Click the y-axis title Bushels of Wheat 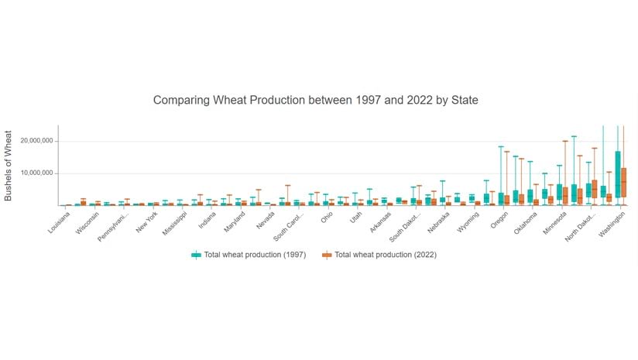pyautogui.click(x=9, y=165)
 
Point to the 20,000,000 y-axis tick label pyautogui.click(x=31, y=141)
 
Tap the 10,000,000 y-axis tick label pyautogui.click(x=31, y=173)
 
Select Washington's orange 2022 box pyautogui.click(x=624, y=183)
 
